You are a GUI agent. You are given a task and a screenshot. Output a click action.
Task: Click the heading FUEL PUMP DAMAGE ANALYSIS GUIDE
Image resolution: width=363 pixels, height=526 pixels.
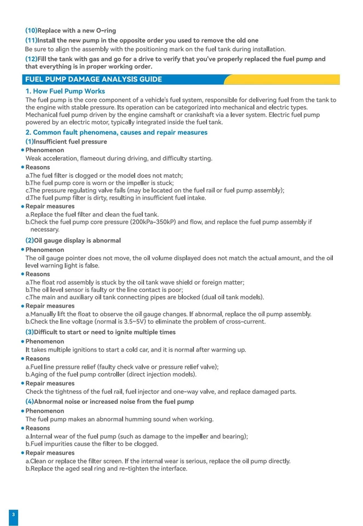(x=94, y=79)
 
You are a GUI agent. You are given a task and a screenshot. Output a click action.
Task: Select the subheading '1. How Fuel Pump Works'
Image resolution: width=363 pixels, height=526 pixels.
(x=65, y=91)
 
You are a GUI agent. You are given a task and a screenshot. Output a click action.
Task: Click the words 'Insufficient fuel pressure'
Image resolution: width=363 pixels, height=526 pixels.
(x=71, y=141)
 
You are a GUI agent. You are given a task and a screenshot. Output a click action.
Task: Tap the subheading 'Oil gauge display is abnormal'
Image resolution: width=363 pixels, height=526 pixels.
(x=77, y=241)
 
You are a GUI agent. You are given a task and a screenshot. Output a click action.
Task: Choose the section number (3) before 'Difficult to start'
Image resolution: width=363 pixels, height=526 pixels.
(x=30, y=332)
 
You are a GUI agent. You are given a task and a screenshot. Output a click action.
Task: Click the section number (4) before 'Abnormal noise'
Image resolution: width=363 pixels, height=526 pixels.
(x=30, y=402)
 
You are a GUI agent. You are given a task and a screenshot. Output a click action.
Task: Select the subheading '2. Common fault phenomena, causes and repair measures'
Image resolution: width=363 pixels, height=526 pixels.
(x=116, y=132)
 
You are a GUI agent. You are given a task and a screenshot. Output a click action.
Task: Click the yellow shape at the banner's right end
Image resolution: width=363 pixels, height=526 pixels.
(x=285, y=79)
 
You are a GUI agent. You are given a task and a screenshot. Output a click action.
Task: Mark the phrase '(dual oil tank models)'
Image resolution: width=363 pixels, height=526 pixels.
(x=231, y=297)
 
